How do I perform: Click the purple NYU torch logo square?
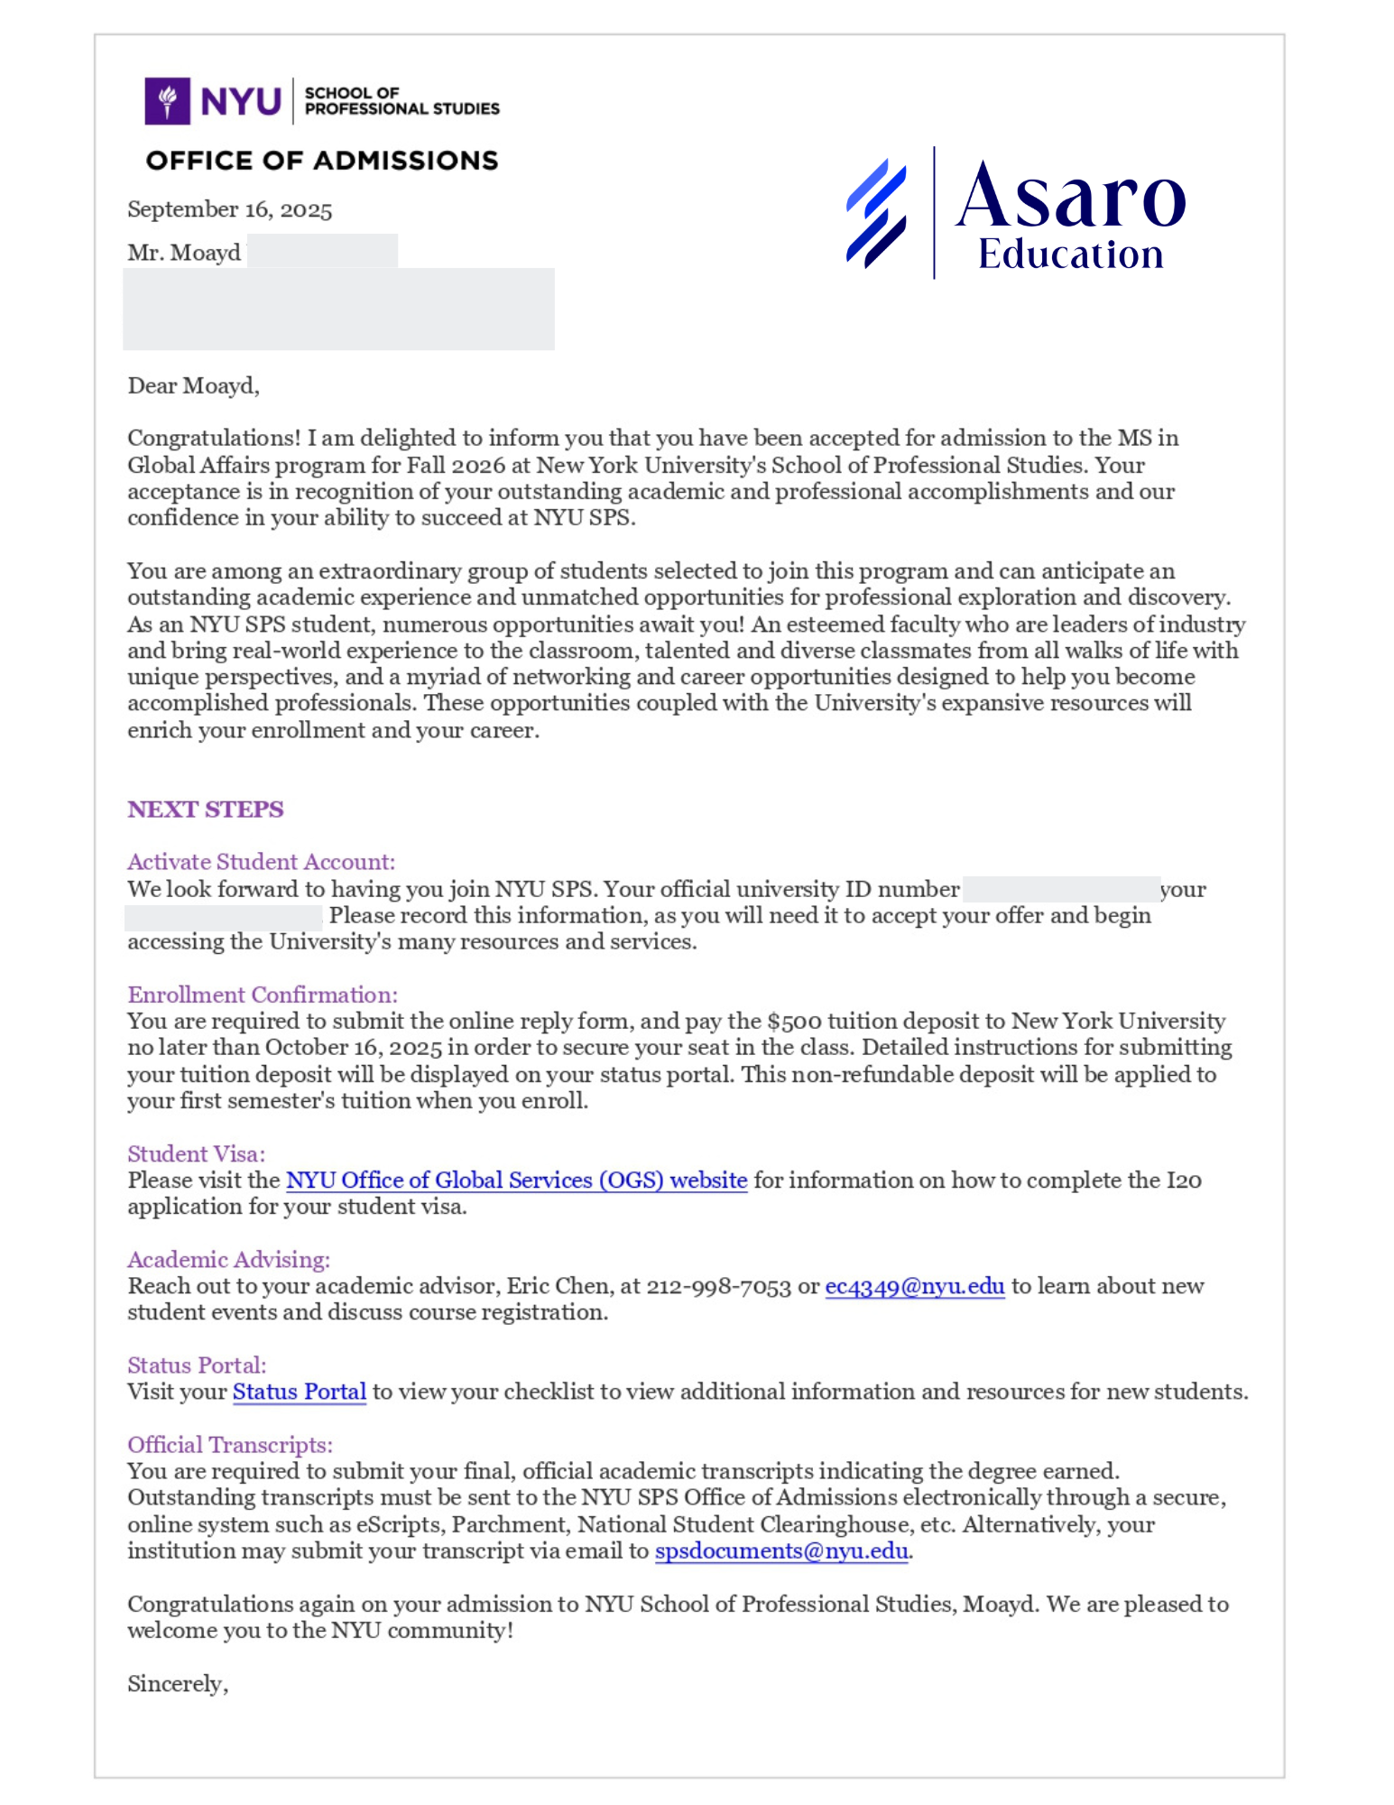coord(167,100)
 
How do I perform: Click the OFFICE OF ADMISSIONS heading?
coord(321,161)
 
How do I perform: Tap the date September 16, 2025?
coord(229,209)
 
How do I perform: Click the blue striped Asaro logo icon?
coord(876,213)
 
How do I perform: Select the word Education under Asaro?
coord(1070,255)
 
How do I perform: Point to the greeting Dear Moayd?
coord(193,386)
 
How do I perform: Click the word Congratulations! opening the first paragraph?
coord(213,439)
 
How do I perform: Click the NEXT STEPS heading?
coord(205,809)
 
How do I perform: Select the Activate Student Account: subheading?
coord(261,862)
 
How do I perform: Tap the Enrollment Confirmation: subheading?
coord(262,995)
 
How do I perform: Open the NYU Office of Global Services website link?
coord(516,1180)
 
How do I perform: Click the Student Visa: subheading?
coord(196,1154)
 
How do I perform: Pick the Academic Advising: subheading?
coord(228,1260)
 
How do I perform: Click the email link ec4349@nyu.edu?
coord(914,1287)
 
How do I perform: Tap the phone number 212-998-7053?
coord(718,1287)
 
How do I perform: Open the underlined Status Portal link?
coord(299,1393)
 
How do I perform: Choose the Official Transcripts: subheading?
coord(229,1445)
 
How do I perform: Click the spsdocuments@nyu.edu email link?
coord(780,1551)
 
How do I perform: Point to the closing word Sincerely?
coord(177,1684)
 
